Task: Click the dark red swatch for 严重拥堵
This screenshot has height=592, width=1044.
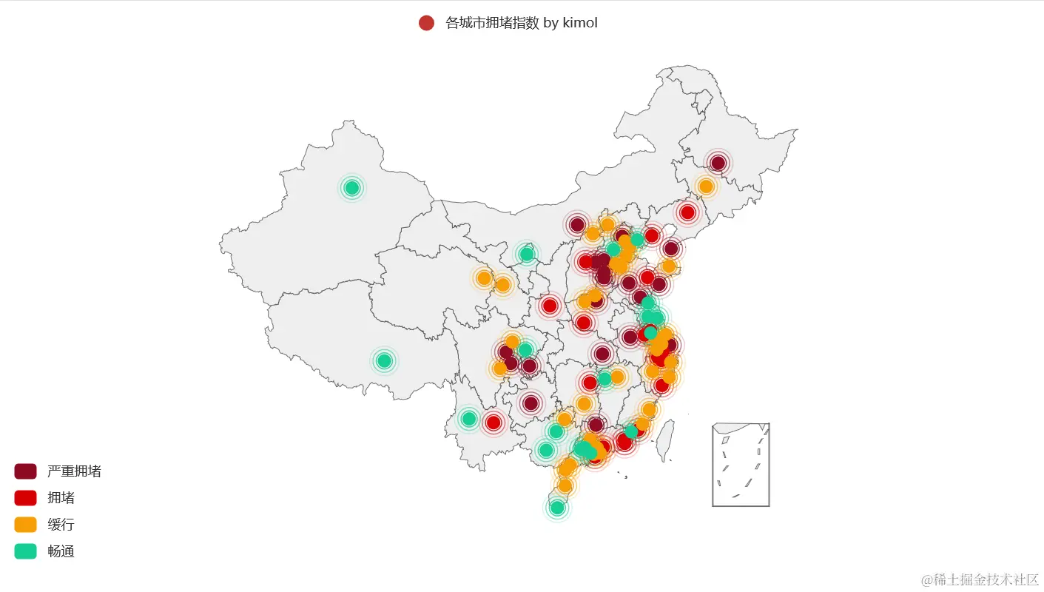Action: (25, 471)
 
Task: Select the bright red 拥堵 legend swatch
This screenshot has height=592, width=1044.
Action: (25, 498)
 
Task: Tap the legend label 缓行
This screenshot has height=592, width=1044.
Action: (61, 525)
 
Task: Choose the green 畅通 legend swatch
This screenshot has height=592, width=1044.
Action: (25, 551)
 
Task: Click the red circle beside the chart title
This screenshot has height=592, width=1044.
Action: (426, 23)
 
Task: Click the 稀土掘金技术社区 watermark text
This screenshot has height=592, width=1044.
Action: (980, 579)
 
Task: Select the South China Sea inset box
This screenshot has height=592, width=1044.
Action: (741, 465)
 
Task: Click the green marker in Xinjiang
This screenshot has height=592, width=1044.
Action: (352, 188)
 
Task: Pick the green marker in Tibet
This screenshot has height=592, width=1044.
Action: (384, 361)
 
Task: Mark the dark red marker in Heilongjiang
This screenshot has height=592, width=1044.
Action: (718, 163)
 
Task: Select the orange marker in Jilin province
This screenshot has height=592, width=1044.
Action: (706, 186)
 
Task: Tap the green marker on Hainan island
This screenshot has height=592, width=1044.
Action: (557, 508)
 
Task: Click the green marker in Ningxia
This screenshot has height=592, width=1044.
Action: (527, 255)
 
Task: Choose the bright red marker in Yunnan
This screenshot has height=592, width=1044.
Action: (494, 423)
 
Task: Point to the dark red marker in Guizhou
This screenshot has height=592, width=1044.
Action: (531, 403)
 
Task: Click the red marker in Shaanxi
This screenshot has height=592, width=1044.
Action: (550, 306)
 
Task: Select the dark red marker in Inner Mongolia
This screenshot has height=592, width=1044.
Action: (577, 224)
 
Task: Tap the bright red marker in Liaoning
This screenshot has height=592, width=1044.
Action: (687, 212)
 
